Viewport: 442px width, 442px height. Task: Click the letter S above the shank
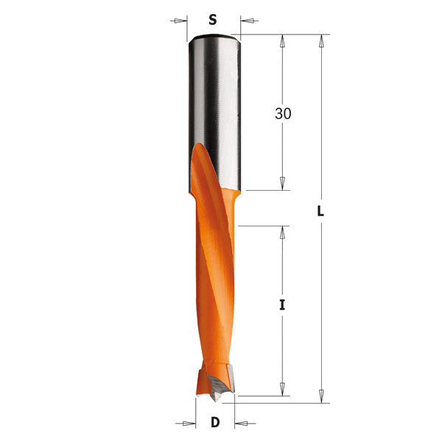point(213,20)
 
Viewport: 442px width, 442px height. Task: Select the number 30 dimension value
point(283,114)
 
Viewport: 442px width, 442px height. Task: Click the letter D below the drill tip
point(215,423)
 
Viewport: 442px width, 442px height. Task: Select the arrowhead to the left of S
point(181,20)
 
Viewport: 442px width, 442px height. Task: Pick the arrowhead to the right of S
point(245,20)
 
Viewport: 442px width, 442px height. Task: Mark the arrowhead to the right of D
point(240,423)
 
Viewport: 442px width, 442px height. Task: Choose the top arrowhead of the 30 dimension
point(282,41)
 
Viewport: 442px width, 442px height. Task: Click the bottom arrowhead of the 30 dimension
point(282,184)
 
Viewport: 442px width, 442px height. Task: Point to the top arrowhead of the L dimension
point(320,41)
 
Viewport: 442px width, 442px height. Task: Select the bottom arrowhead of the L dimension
point(320,396)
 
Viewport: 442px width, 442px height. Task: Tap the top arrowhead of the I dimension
point(282,232)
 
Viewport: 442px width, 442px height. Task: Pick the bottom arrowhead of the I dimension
point(282,390)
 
